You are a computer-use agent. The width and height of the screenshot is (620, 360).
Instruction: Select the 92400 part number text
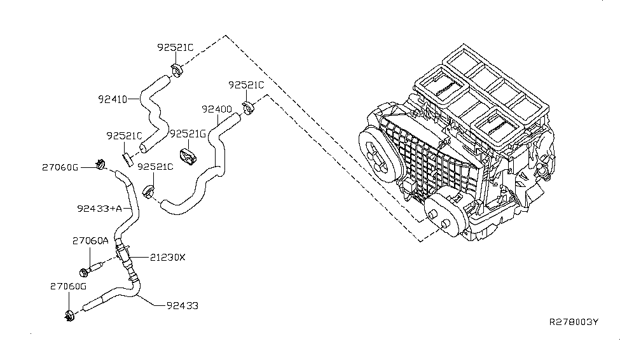(x=216, y=109)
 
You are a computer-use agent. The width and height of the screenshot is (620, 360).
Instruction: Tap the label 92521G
(x=188, y=134)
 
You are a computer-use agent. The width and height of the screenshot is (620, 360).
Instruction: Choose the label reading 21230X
(x=168, y=258)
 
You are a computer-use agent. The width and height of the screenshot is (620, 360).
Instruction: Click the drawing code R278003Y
(x=574, y=322)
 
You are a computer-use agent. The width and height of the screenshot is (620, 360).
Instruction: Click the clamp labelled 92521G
(x=189, y=155)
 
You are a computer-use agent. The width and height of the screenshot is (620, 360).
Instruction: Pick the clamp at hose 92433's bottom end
(x=70, y=314)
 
